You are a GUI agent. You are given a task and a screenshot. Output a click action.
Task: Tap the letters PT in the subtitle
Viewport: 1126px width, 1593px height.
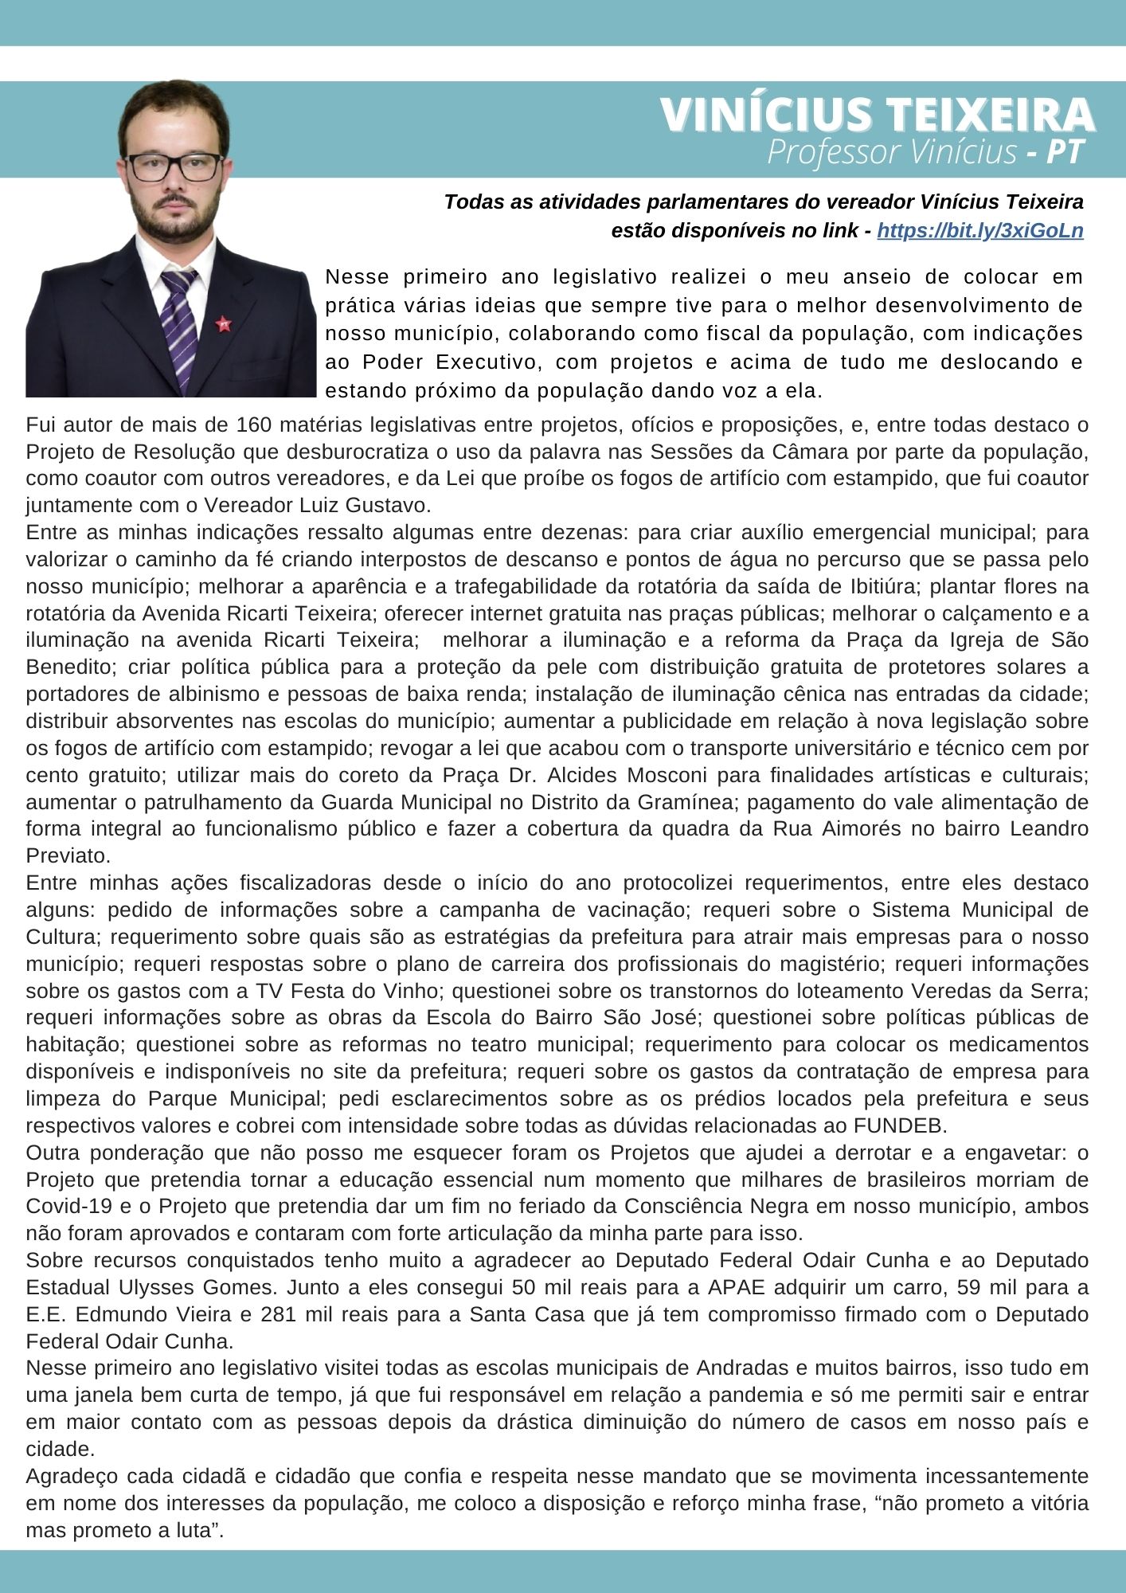[1065, 151]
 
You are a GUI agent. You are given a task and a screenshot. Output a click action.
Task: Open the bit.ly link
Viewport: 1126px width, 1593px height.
[979, 231]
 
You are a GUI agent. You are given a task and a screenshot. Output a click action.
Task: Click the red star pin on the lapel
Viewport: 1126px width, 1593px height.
[224, 324]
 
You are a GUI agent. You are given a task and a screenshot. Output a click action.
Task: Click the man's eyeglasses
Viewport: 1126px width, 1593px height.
[175, 166]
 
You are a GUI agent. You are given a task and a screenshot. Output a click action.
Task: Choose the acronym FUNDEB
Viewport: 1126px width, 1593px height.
[901, 1126]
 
